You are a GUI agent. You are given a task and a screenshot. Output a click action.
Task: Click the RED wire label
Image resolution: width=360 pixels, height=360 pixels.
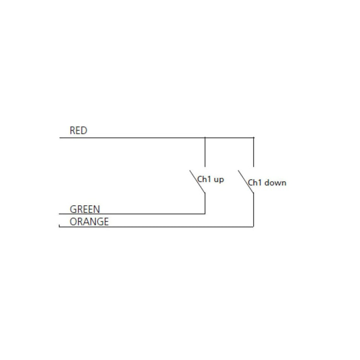(78, 130)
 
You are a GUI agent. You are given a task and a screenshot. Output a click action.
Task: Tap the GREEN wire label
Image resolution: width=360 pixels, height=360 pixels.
(85, 209)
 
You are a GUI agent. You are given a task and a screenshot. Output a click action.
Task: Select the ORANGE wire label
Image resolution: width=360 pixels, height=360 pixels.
(89, 222)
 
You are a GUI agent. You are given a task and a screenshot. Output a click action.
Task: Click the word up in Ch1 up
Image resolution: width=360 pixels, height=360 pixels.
(219, 180)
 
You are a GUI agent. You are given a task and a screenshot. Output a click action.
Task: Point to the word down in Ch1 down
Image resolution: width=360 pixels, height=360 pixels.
(275, 183)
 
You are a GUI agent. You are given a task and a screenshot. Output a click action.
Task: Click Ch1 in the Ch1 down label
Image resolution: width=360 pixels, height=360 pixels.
(255, 183)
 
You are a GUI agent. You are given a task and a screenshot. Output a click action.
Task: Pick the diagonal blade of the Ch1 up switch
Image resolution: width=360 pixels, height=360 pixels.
(197, 181)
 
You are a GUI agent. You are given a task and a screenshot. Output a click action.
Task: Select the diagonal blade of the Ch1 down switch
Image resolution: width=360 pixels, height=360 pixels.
(246, 181)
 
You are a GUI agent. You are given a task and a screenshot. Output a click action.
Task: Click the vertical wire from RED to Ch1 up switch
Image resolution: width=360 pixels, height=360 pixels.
(205, 152)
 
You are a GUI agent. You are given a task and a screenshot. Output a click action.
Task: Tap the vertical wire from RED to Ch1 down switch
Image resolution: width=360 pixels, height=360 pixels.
(253, 152)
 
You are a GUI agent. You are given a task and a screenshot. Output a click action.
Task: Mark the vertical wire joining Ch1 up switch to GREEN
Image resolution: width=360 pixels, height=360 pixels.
(205, 203)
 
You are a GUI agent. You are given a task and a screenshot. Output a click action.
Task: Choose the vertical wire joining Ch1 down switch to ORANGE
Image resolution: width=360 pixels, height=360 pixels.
(253, 210)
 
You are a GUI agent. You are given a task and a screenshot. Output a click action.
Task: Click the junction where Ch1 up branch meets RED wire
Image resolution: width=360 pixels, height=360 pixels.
(205, 138)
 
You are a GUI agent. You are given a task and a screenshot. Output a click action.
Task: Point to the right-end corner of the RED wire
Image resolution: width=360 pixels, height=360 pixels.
(254, 138)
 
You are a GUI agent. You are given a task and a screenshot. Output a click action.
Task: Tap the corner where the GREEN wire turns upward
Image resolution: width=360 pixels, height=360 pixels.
(205, 214)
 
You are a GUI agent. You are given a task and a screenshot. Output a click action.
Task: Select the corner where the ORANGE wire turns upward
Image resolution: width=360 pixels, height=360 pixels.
(253, 227)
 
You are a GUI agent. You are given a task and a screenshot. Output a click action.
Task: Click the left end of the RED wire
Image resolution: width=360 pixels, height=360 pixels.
(60, 138)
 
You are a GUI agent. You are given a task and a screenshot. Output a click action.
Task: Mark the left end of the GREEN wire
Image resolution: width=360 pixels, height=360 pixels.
(59, 214)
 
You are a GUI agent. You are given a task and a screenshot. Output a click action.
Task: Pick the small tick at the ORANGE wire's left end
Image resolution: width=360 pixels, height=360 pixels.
(59, 226)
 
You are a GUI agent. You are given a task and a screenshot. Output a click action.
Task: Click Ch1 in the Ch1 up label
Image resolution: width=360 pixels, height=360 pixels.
(204, 179)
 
